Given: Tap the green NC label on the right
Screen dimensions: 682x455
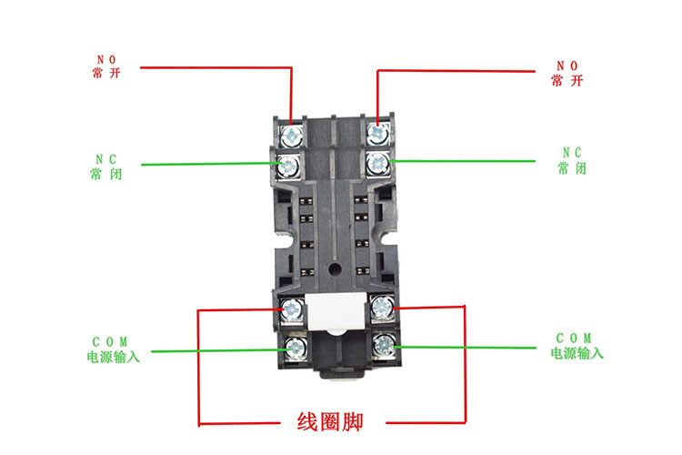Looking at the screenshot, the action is coord(571,152).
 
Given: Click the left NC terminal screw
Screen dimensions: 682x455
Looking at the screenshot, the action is coord(290,166).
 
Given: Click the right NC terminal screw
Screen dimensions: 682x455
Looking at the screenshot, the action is coord(378,165).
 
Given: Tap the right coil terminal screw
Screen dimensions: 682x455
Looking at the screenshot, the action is coord(381,308).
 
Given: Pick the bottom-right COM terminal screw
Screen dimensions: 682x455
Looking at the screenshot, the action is coord(383,345).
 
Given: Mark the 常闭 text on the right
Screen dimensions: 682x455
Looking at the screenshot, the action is coord(571,168).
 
